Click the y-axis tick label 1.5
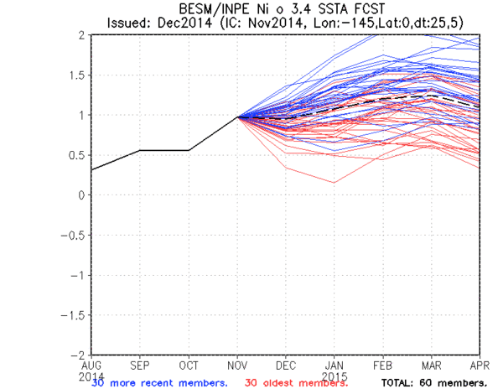click(x=78, y=75)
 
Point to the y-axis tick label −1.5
click(x=75, y=314)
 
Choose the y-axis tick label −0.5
click(x=75, y=235)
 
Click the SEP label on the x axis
click(x=140, y=365)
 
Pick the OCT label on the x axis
click(x=189, y=365)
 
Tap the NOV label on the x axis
click(x=237, y=365)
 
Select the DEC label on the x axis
click(x=286, y=365)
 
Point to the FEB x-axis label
click(x=383, y=365)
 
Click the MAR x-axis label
click(x=432, y=365)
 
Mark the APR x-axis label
click(x=479, y=365)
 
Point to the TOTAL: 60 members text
click(x=433, y=383)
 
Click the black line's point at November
click(x=237, y=117)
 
